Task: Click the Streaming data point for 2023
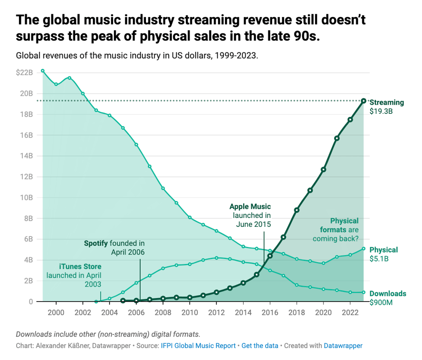pos(364,101)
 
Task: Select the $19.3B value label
pos(381,112)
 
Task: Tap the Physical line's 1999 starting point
pos(43,71)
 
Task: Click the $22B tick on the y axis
pos(24,73)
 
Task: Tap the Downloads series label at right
pos(388,294)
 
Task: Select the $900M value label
pos(381,302)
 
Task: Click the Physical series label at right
pos(383,250)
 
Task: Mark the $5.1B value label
pos(379,259)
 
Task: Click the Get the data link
pos(260,345)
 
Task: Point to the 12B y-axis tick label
pos(26,177)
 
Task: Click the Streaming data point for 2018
pos(297,210)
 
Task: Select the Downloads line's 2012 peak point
pos(216,258)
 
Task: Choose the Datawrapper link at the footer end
pos(343,345)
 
